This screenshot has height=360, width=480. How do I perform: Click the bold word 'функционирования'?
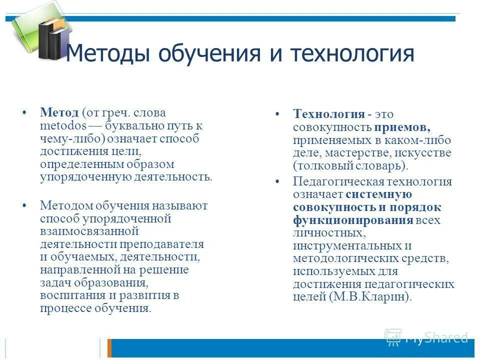353,220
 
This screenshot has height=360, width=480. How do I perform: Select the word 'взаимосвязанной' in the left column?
89,231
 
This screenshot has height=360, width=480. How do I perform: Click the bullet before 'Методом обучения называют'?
24,205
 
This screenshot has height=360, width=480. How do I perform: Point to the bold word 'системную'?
379,194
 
